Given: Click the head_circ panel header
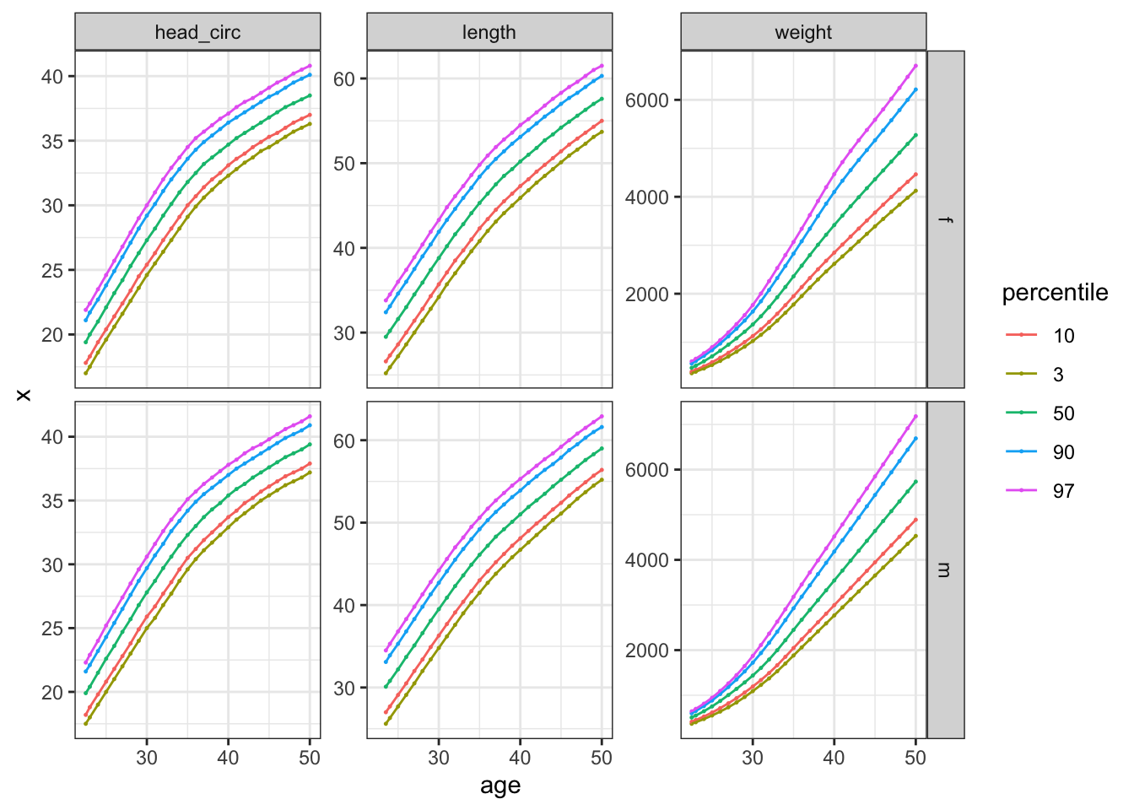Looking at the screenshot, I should point(197,33).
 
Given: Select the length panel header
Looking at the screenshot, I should point(489,33).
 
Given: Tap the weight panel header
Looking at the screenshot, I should point(803,33).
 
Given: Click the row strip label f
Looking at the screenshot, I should point(946,219).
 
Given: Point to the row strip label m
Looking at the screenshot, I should point(946,570).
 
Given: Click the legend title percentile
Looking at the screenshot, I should point(1055,293).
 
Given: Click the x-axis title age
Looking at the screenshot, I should point(500,786).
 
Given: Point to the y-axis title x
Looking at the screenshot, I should point(24,394).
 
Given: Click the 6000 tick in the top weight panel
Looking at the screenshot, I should point(646,100).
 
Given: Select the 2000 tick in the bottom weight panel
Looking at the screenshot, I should point(646,651).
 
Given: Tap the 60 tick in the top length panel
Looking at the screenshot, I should point(344,79).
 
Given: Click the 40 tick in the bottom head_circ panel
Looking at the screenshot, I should point(52,437).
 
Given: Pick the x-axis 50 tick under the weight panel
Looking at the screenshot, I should point(915,758).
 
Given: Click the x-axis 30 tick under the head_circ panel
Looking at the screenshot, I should point(147,758).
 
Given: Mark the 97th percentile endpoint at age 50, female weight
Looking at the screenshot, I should point(915,66).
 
